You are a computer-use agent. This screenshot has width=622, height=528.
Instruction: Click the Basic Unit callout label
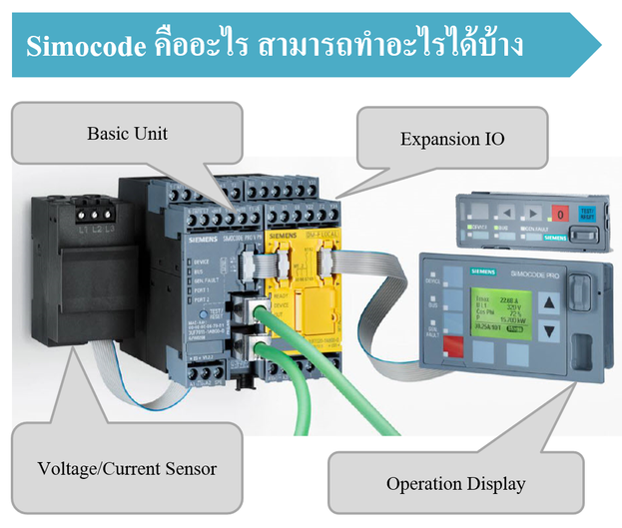click(127, 133)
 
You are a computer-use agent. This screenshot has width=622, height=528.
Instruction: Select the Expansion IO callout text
click(451, 138)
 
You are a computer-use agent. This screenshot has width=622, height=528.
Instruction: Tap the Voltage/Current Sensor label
click(126, 467)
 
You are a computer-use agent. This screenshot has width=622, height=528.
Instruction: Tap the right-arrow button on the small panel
click(533, 213)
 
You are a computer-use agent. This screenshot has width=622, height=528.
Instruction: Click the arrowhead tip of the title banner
click(601, 45)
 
